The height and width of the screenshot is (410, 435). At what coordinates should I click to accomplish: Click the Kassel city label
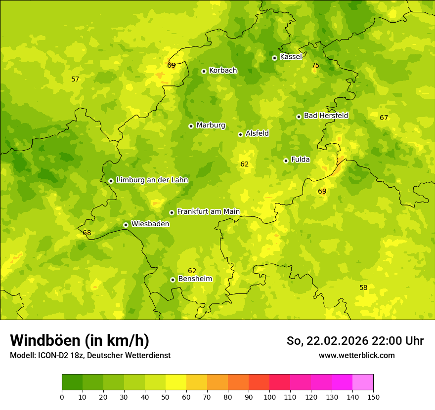click(x=291, y=57)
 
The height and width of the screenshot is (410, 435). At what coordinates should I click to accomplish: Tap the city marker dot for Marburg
click(x=191, y=126)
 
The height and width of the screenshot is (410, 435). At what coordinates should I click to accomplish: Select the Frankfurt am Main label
click(x=208, y=211)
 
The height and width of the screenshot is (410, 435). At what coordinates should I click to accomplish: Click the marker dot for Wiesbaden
click(x=126, y=225)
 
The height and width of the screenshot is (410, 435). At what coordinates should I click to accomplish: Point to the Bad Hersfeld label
click(x=326, y=116)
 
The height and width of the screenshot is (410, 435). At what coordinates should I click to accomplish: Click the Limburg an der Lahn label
click(x=152, y=180)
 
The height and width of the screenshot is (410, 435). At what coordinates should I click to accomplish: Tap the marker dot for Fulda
click(x=286, y=161)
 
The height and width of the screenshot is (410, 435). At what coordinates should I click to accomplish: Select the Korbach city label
click(x=223, y=70)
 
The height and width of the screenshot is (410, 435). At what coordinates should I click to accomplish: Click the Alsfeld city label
click(x=257, y=133)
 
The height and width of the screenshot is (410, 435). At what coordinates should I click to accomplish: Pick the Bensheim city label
click(x=195, y=279)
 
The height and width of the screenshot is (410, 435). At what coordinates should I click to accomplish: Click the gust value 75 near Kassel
click(x=315, y=65)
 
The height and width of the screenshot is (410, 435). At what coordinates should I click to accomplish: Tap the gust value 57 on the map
click(x=75, y=79)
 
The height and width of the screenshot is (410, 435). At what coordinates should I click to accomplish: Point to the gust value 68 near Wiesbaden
click(x=87, y=233)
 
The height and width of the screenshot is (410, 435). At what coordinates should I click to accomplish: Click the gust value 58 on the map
click(x=363, y=287)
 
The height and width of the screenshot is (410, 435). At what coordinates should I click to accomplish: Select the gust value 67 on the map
click(x=384, y=118)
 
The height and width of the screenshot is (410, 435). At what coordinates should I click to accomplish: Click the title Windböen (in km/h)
click(x=80, y=340)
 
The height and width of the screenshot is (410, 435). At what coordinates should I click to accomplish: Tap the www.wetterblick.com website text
click(x=356, y=355)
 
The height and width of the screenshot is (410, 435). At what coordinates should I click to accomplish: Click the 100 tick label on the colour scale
click(x=269, y=397)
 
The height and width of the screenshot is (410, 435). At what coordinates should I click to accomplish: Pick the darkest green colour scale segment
click(x=72, y=382)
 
